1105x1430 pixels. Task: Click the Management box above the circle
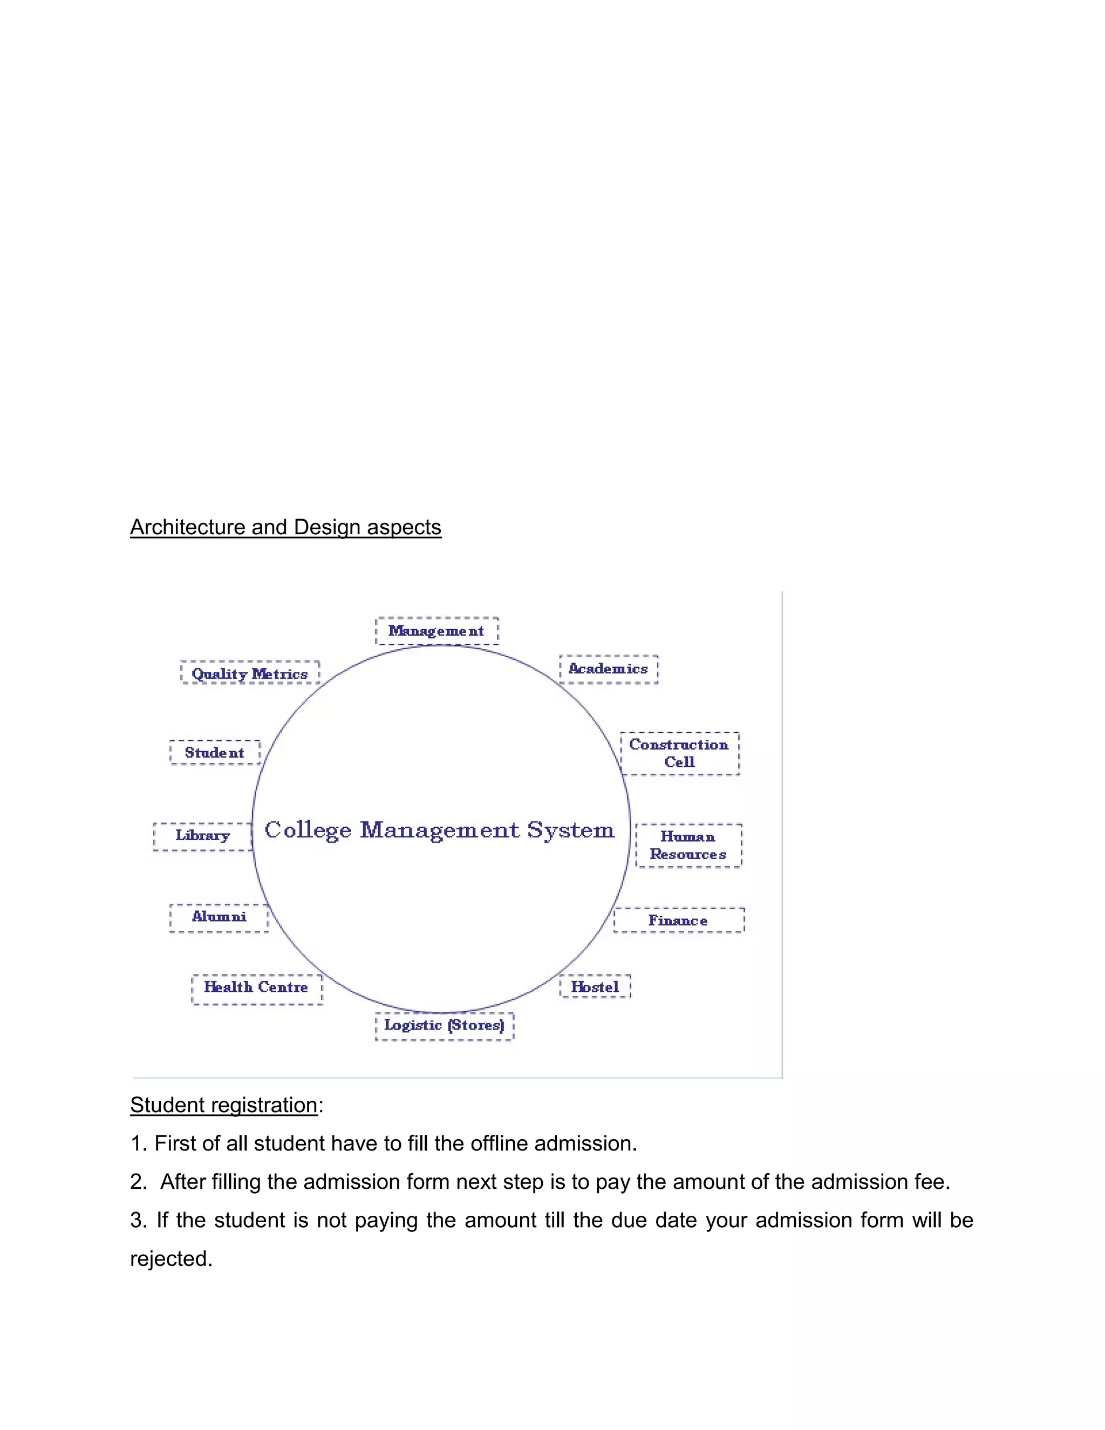coord(436,630)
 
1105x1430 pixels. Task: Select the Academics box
coord(609,669)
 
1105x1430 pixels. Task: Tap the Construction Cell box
coord(679,753)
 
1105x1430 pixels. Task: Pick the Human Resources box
coord(688,845)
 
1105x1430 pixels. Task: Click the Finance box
coord(679,920)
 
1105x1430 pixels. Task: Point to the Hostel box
coord(595,986)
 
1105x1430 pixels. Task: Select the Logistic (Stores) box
coord(445,1025)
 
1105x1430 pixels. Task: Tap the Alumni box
coord(219,917)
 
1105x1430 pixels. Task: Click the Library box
coord(203,835)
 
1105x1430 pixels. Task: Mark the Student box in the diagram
coord(215,752)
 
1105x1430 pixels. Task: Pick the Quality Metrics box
coord(250,673)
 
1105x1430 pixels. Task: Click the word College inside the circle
coord(308,830)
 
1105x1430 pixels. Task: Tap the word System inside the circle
coord(571,830)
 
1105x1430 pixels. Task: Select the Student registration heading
coord(224,1105)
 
